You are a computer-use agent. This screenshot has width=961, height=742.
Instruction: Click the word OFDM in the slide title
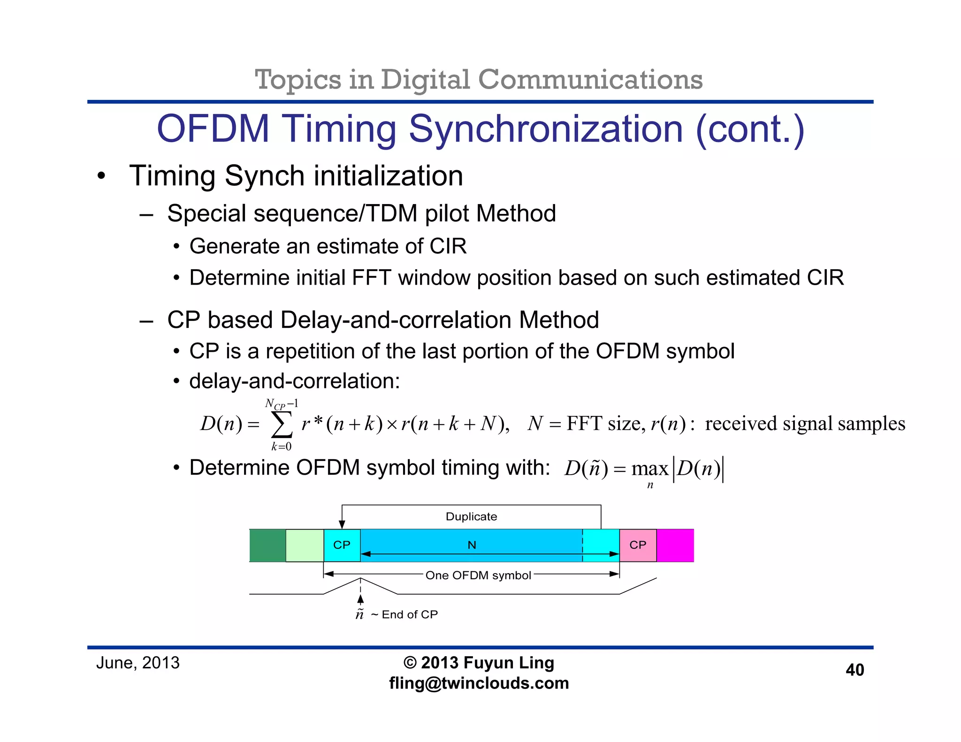(213, 129)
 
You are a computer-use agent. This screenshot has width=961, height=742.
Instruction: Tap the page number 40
(854, 670)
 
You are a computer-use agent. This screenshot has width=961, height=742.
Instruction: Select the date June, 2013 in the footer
(137, 663)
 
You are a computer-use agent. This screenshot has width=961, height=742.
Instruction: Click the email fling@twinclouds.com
(479, 683)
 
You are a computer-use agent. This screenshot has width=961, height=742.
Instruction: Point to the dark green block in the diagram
(267, 545)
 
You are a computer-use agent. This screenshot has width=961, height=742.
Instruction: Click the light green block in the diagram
(305, 545)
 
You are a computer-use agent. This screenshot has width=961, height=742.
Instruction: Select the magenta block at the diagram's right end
(675, 545)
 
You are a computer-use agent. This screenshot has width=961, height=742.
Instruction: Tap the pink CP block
(638, 545)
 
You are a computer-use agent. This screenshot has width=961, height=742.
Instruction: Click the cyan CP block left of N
(342, 545)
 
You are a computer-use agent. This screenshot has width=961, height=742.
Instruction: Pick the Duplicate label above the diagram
(471, 517)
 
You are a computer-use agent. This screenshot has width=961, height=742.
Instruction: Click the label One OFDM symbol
(478, 575)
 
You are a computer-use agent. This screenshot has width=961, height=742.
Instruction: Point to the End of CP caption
(409, 614)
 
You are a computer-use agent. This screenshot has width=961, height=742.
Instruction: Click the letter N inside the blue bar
(472, 545)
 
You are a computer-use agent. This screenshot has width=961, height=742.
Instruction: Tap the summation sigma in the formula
(282, 424)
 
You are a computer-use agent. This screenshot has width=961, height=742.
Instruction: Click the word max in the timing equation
(650, 469)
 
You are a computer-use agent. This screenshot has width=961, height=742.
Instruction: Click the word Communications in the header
(590, 79)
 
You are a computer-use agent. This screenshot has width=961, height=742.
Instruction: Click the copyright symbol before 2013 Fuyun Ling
(410, 663)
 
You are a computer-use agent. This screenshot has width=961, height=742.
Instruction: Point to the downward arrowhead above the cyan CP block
(342, 524)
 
